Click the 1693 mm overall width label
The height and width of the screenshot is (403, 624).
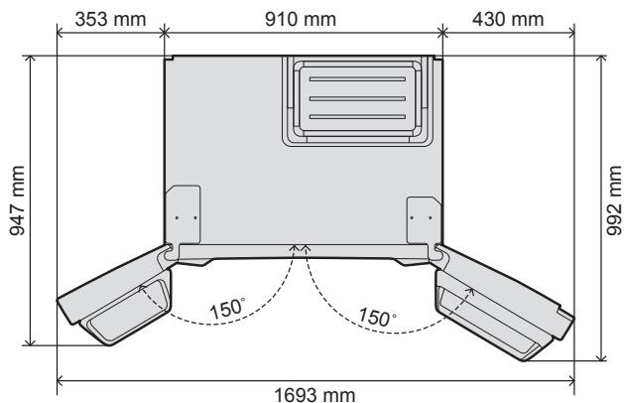[x=316, y=394]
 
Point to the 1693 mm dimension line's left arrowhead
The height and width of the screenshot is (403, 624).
[x=62, y=378]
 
